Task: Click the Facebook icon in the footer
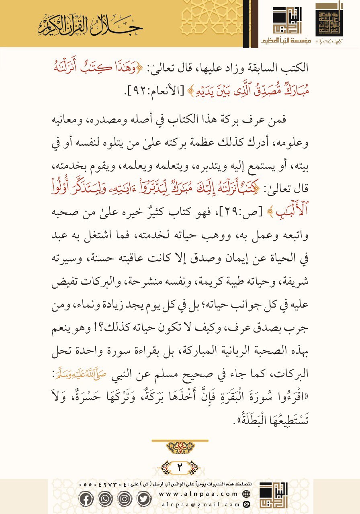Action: (86, 498)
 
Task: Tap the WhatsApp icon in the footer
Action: (105, 498)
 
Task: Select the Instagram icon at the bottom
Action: (124, 498)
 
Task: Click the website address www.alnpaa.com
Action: (200, 494)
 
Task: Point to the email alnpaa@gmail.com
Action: (200, 504)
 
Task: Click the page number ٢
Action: (180, 467)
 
